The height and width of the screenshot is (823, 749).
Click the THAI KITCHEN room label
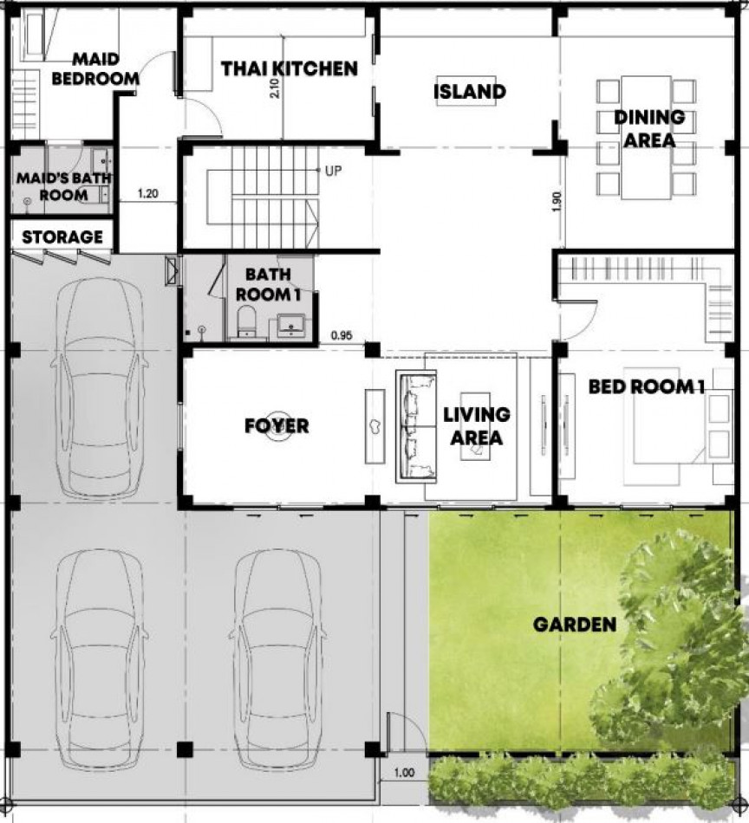coord(290,68)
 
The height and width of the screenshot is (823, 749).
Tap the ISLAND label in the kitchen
coord(470,92)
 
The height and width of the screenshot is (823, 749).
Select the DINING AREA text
coord(649,128)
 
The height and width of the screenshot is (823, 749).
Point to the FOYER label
coord(277,425)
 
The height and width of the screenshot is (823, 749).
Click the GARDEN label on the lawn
coord(575,625)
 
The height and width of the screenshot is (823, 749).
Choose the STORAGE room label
coord(62,237)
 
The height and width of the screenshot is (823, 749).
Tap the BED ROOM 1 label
coord(646,387)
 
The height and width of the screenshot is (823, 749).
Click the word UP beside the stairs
coord(333,171)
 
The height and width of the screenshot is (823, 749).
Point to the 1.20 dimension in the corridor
coord(147,194)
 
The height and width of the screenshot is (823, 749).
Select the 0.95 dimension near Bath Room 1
coord(342,335)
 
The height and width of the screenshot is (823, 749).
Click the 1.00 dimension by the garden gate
coord(404,773)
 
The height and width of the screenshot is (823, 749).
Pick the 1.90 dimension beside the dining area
coord(557,202)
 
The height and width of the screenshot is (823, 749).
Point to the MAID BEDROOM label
coord(95,68)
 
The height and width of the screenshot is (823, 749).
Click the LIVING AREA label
coord(477,426)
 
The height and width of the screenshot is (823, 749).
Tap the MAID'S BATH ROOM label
coord(63,186)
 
